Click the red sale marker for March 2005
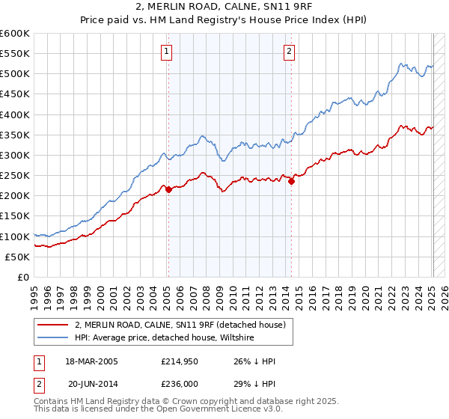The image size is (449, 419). point(168,189)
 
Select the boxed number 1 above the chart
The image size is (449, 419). point(165,52)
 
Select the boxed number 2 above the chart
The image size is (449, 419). point(289,52)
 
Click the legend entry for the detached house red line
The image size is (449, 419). point(180,325)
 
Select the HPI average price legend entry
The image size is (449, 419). point(165,338)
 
